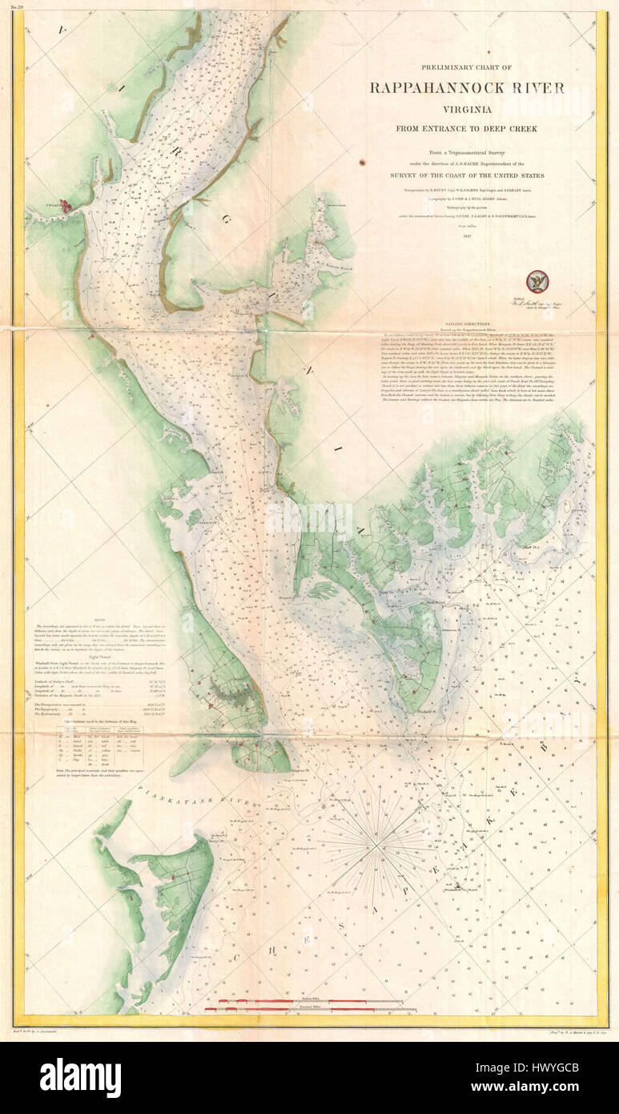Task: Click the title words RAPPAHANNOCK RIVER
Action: (467, 88)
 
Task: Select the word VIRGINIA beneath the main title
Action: (466, 111)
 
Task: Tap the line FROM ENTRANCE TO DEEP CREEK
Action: (467, 128)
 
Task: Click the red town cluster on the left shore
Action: (68, 206)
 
